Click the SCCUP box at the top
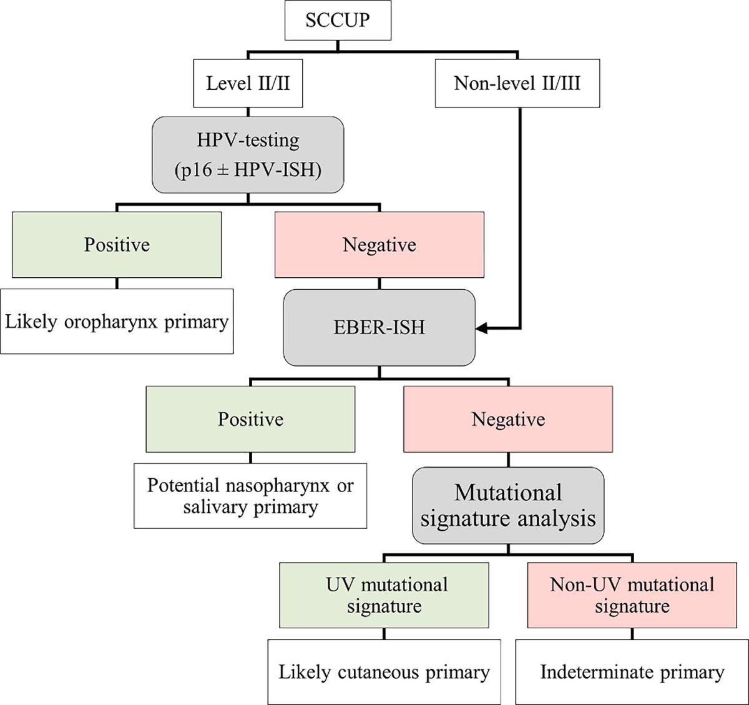[x=337, y=20]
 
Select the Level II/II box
[x=248, y=83]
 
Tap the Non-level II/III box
[x=517, y=83]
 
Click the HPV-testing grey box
[x=248, y=154]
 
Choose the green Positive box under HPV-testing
[x=117, y=244]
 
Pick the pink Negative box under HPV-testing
[x=379, y=244]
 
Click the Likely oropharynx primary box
[x=117, y=322]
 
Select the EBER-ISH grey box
[x=379, y=327]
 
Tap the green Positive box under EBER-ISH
[x=250, y=418]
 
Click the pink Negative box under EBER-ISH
[x=508, y=418]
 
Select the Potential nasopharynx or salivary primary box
[x=250, y=496]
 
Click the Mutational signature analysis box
[x=508, y=505]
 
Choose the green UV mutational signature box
[x=384, y=594]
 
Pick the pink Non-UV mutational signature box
[x=632, y=594]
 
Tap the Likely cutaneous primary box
[x=384, y=672]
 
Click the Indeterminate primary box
[x=632, y=672]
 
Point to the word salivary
[x=217, y=506]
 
